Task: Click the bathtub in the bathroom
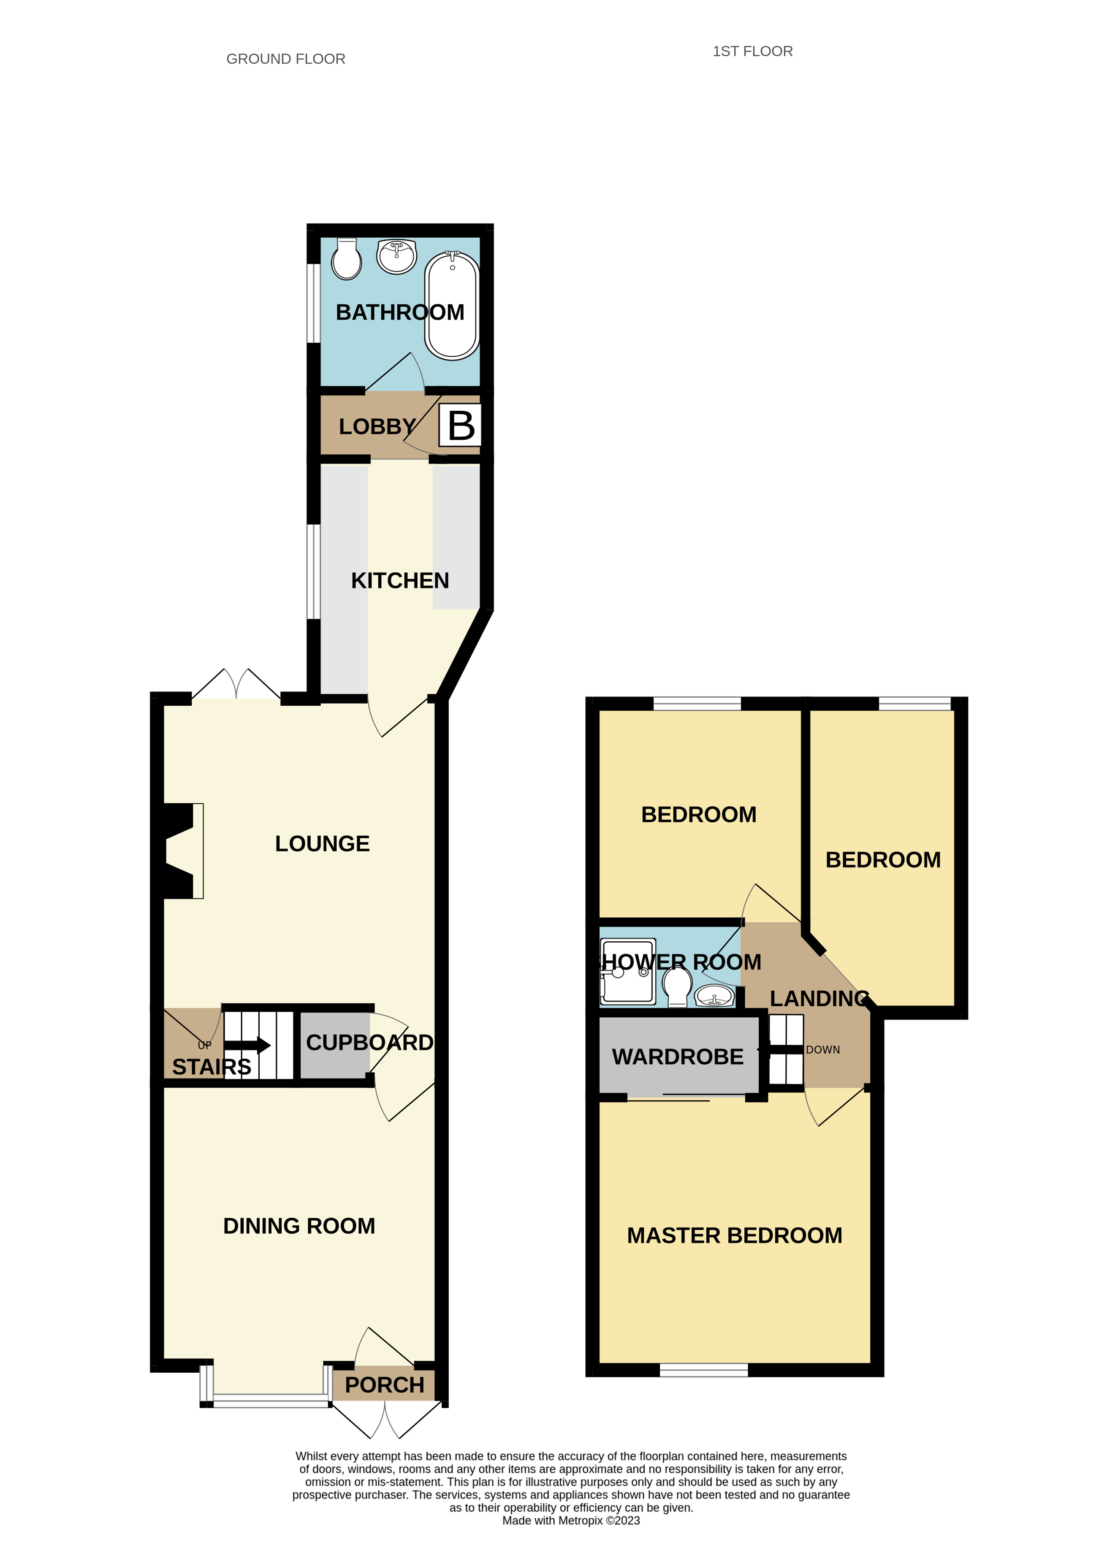pyautogui.click(x=451, y=306)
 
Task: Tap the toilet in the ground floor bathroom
pyautogui.click(x=346, y=260)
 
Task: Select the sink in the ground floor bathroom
pyautogui.click(x=396, y=256)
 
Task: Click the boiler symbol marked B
pyautogui.click(x=460, y=426)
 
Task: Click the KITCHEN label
pyautogui.click(x=400, y=580)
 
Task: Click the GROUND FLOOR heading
pyautogui.click(x=286, y=59)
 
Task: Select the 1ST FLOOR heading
pyautogui.click(x=752, y=51)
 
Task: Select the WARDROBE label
pyautogui.click(x=678, y=1057)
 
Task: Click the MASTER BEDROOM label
pyautogui.click(x=734, y=1235)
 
